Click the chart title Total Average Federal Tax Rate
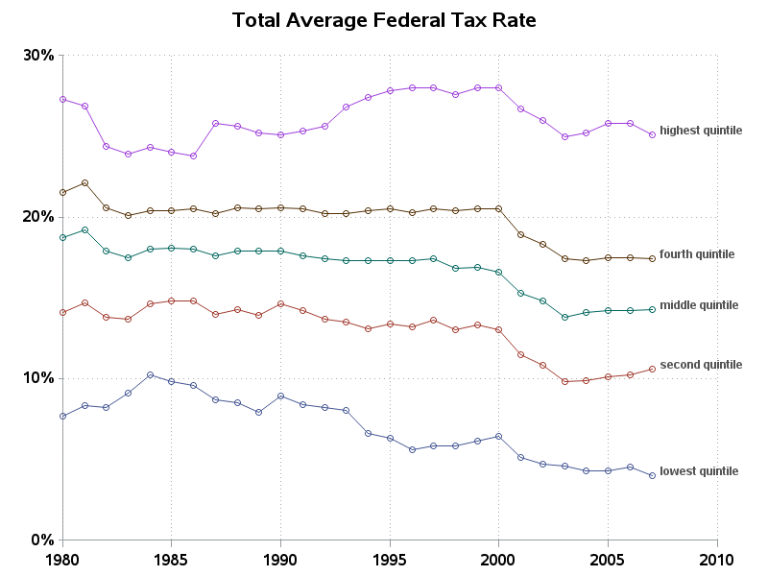tap(384, 19)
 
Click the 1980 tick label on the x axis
tap(62, 559)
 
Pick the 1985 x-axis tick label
tap(172, 559)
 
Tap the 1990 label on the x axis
tap(280, 559)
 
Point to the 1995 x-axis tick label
tap(390, 559)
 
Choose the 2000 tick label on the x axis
tap(499, 559)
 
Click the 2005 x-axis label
tap(608, 559)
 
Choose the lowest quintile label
tap(699, 471)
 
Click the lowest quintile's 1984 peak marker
tap(150, 374)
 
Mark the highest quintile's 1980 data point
tap(62, 99)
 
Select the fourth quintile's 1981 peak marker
tap(84, 182)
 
